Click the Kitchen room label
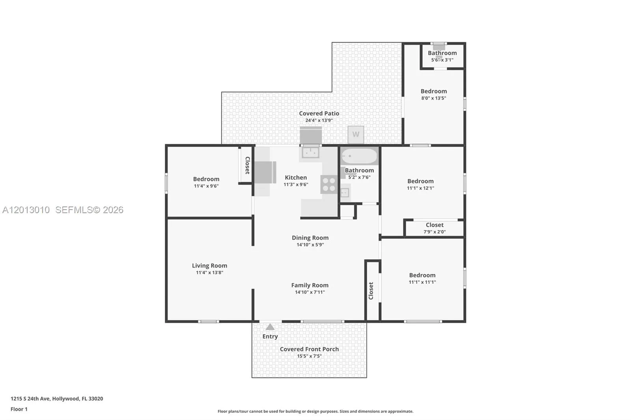point(296,178)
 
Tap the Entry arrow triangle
point(270,327)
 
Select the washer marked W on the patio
point(356,135)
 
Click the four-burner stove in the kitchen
point(329,184)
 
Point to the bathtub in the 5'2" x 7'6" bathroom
point(359,156)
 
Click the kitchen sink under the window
point(310,152)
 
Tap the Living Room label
point(209,266)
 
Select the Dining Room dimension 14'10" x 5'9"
point(310,245)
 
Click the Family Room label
point(310,285)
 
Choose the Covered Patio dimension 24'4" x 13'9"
point(319,121)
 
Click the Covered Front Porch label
point(309,349)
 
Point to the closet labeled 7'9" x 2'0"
point(434,228)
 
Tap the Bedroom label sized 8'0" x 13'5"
point(434,91)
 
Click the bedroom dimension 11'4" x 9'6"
point(206,186)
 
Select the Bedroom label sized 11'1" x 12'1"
point(420,181)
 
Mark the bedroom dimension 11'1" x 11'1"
point(422,282)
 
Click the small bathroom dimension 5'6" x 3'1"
point(442,60)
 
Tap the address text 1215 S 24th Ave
point(30,399)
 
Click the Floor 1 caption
point(19,409)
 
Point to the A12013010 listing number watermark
point(26,210)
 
